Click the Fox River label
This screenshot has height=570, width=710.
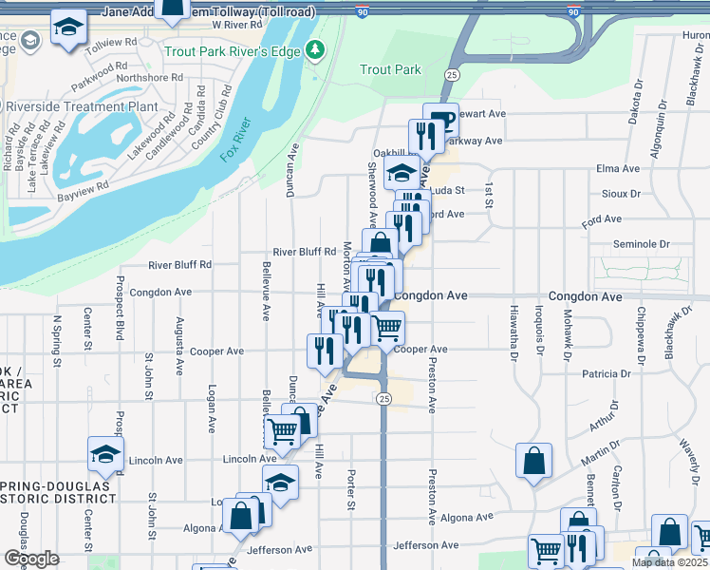pyautogui.click(x=237, y=139)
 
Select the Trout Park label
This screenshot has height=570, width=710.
pyautogui.click(x=390, y=69)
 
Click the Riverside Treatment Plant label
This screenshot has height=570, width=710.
pyautogui.click(x=80, y=106)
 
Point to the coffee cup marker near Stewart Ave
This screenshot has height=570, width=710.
pyautogui.click(x=440, y=120)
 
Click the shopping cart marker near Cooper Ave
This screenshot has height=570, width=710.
pyautogui.click(x=386, y=329)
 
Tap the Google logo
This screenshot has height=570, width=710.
pyautogui.click(x=31, y=559)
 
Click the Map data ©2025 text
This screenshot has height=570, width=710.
pyautogui.click(x=668, y=562)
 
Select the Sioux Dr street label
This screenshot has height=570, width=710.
pyautogui.click(x=623, y=193)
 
